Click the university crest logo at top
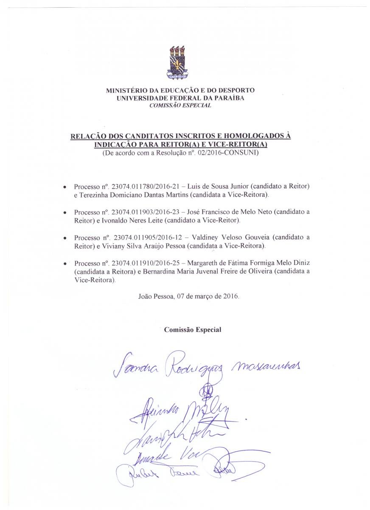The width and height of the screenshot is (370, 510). coord(177,62)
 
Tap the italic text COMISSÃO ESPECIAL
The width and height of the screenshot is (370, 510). coord(180,105)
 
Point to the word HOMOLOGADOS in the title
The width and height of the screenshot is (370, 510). coord(245,136)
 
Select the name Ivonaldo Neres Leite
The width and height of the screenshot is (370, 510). coord(134,220)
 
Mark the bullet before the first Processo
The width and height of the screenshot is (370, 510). coord(64,187)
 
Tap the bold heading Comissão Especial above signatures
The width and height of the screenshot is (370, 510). coord(193,330)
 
